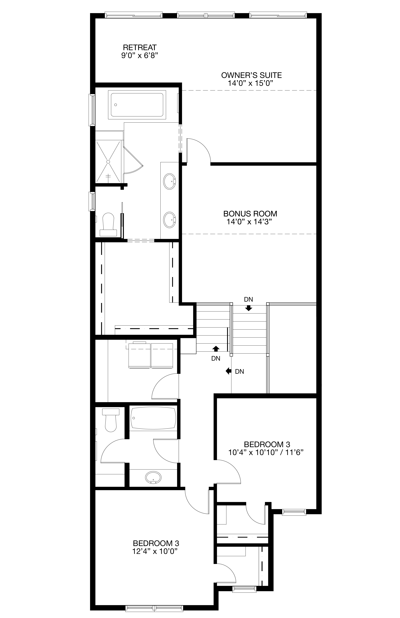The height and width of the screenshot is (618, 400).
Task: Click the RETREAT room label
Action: (x=140, y=48)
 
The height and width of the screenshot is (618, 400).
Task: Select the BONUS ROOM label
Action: (x=250, y=214)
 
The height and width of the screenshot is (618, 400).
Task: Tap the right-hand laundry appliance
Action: (x=162, y=355)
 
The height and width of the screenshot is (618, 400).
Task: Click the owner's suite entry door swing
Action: (x=199, y=151)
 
